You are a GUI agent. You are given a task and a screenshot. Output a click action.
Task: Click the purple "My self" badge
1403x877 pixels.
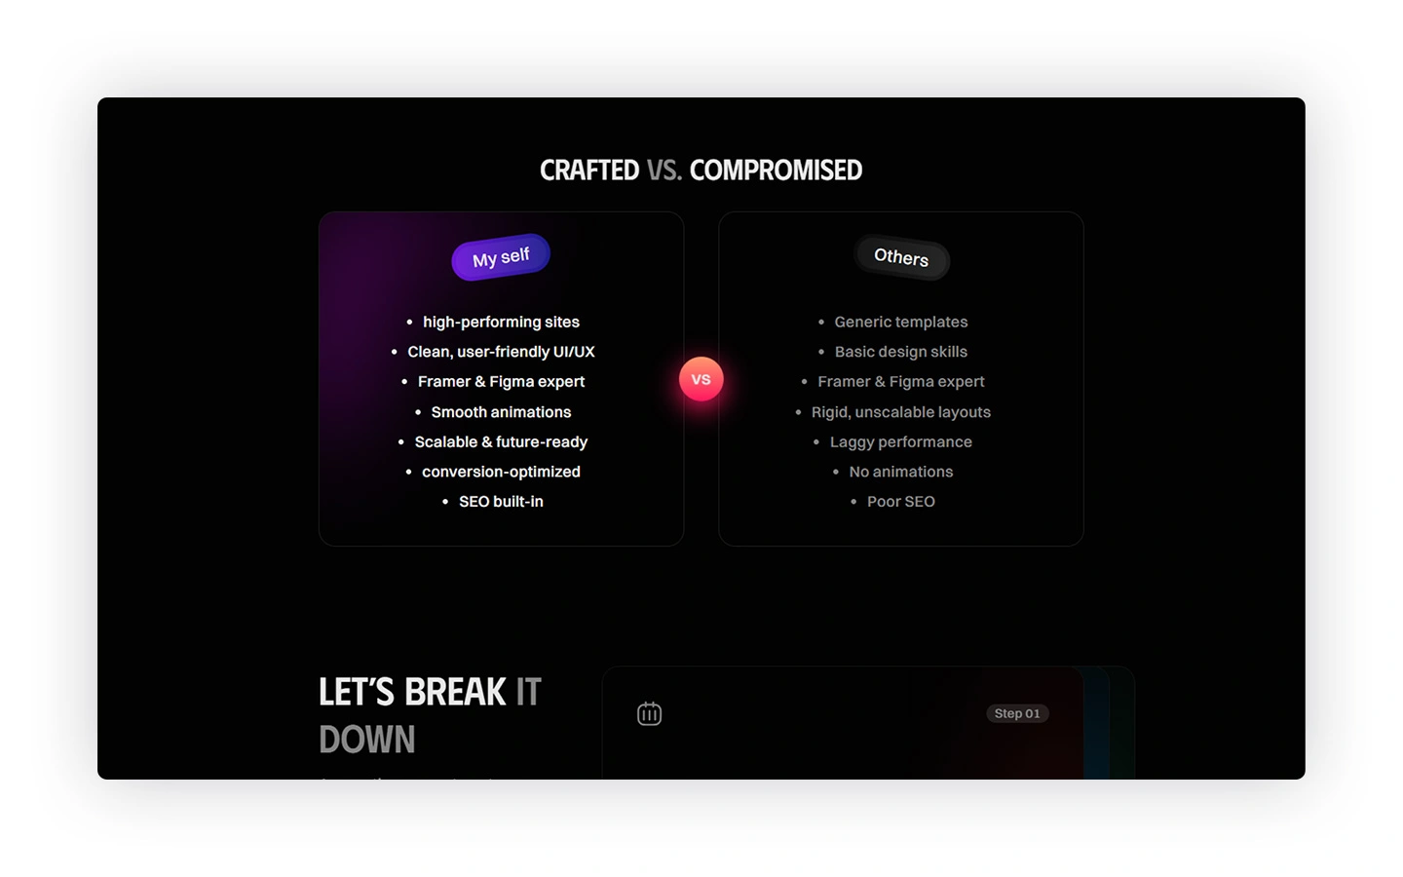(x=501, y=257)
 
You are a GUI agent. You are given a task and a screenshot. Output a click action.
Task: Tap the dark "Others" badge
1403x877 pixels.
(x=901, y=257)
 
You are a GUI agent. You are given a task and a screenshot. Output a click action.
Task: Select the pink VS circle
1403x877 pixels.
(x=701, y=379)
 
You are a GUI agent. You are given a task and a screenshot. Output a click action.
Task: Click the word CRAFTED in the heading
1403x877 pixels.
(x=589, y=171)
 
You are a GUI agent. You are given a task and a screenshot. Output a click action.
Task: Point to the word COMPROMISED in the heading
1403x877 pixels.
(x=776, y=171)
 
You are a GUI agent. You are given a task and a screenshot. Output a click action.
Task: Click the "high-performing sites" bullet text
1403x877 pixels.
(x=501, y=322)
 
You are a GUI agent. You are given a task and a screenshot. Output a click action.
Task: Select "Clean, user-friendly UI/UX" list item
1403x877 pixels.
(x=501, y=352)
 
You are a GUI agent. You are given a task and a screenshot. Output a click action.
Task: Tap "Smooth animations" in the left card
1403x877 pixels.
(x=501, y=412)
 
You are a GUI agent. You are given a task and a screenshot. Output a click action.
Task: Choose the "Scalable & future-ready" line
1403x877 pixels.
(x=501, y=441)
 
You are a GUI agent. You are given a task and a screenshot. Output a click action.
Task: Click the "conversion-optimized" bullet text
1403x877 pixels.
(x=501, y=472)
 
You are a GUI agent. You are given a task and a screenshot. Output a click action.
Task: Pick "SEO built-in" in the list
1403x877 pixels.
(x=501, y=501)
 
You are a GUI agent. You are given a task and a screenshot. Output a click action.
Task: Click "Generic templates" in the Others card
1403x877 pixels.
(x=901, y=322)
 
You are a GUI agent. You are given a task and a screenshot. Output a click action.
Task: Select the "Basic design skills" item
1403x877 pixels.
(x=901, y=352)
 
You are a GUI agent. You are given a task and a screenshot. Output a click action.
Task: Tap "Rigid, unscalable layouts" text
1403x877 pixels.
(x=901, y=412)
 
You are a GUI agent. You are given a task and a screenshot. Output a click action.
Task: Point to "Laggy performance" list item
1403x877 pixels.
(x=901, y=441)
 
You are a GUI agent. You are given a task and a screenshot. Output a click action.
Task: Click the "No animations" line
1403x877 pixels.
(x=901, y=472)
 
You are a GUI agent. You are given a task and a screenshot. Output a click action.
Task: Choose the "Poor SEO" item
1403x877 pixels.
(x=901, y=501)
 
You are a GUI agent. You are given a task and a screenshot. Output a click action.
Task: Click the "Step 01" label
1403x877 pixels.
(x=1017, y=713)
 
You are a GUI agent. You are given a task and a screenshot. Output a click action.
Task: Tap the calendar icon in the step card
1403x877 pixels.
(x=649, y=713)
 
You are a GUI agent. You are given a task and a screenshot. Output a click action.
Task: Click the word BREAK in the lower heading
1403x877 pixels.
(x=455, y=692)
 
